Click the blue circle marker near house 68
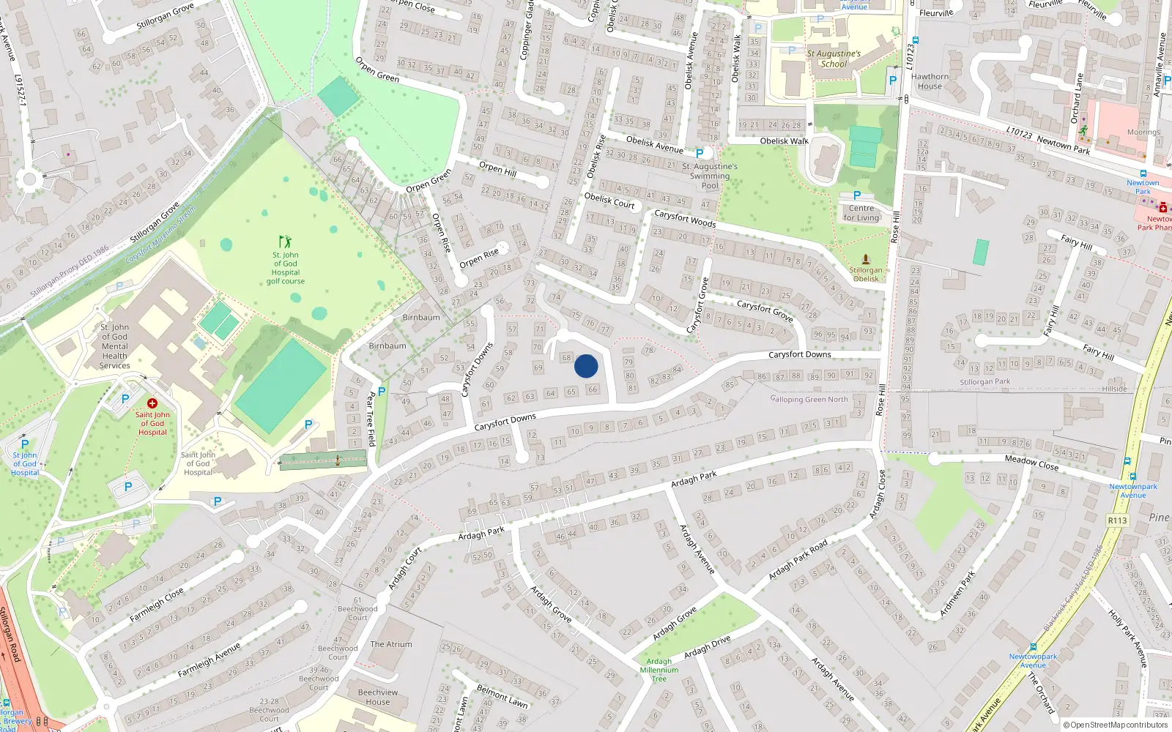coord(586,366)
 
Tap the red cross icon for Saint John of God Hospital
coord(152,403)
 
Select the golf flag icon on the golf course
coord(285,241)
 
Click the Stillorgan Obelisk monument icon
coord(866,260)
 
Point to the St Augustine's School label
coord(834,59)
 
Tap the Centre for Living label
coord(861,213)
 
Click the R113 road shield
coord(1117,520)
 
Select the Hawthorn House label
coord(930,81)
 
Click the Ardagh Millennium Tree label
coord(659,670)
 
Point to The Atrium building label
coord(391,644)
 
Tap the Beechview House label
coord(378,697)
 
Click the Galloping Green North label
coord(809,399)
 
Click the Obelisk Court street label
coord(609,201)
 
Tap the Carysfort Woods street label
coord(685,219)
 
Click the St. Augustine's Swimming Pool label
coord(710,176)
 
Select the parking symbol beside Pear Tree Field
coord(381,392)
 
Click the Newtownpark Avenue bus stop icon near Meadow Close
coord(1127,461)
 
